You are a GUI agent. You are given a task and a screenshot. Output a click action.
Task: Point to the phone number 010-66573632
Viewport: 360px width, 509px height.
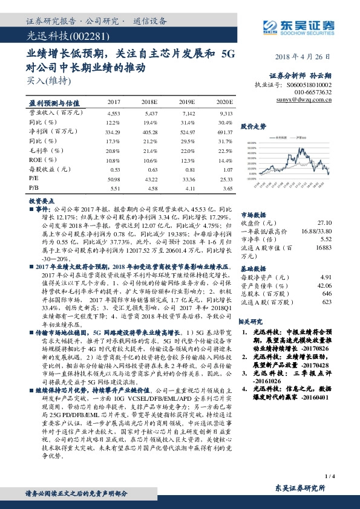click(312, 92)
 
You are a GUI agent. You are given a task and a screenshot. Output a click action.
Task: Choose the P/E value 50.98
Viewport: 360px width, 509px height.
click(113, 180)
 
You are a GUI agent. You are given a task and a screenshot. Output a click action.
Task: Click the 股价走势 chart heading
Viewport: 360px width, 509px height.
click(254, 127)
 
